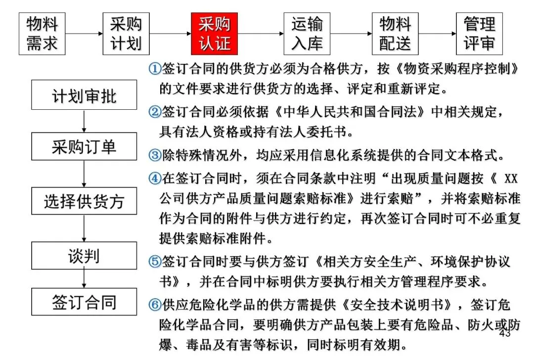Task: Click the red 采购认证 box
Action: [215, 34]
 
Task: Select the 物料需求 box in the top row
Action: [42, 34]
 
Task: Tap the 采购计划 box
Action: [126, 34]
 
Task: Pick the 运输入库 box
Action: [307, 34]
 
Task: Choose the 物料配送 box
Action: [395, 34]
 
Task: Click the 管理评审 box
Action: [479, 34]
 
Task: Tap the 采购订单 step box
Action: [84, 147]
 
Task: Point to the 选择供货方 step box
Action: [84, 201]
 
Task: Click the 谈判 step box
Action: [84, 256]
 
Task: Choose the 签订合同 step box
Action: [84, 302]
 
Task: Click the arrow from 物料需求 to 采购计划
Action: [84, 34]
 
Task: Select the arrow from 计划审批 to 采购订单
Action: [84, 121]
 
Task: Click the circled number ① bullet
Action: [154, 69]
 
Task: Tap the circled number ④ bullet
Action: [154, 178]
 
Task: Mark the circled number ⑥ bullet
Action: [154, 305]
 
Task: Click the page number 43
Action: [504, 334]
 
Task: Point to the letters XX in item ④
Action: [510, 178]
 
